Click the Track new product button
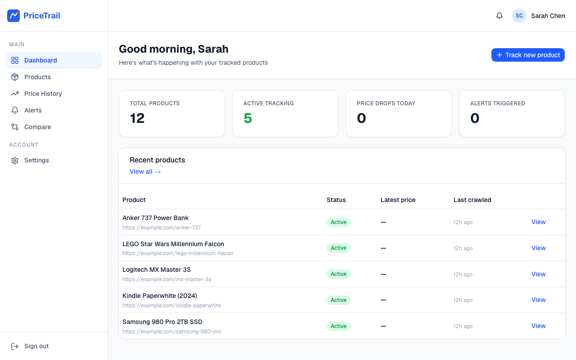528,55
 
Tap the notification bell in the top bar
499,16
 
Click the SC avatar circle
519,16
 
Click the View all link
145,171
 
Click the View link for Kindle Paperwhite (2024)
539,300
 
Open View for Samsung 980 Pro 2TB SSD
539,326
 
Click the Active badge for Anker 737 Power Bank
338,222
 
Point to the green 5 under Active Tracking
247,118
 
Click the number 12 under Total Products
137,118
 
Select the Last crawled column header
472,200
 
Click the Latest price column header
398,200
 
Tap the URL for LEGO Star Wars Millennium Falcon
178,253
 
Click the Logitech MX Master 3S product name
156,270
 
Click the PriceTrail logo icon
13,16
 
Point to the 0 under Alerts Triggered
475,118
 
